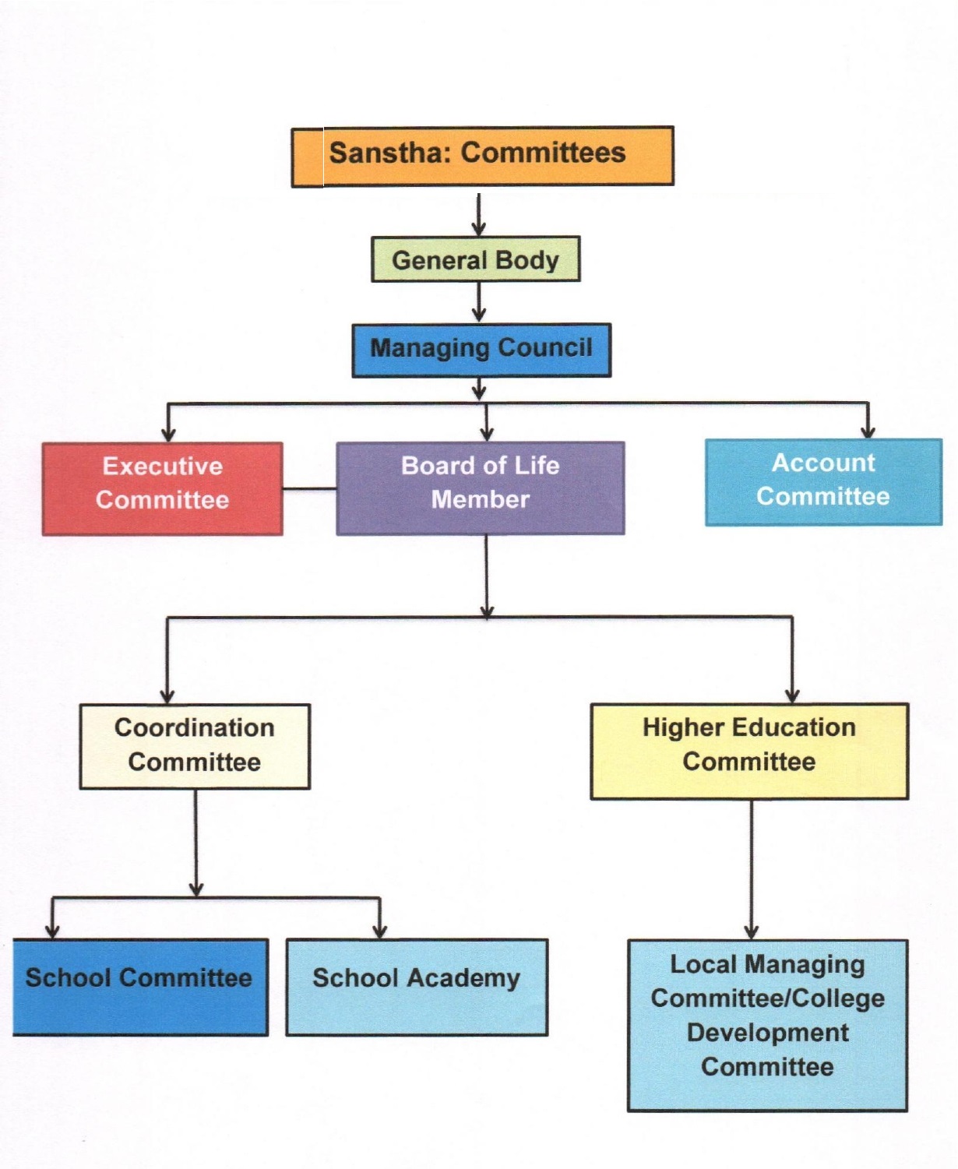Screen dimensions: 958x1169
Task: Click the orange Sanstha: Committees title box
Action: [482, 157]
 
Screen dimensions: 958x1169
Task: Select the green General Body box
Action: [476, 259]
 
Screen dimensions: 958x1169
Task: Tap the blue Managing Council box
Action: [481, 350]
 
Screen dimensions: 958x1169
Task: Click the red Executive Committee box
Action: [163, 488]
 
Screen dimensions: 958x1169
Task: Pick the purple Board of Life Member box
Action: [480, 488]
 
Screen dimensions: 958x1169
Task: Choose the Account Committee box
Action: [823, 481]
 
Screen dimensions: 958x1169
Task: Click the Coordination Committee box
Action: [195, 746]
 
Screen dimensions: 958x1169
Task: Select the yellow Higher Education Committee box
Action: [749, 751]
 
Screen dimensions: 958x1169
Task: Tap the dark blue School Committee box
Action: [140, 988]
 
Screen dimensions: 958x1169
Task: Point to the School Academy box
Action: [417, 988]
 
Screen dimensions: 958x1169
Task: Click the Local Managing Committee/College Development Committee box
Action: [767, 1026]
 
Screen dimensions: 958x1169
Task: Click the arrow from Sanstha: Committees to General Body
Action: [479, 214]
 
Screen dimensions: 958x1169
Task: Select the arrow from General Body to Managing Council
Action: [479, 302]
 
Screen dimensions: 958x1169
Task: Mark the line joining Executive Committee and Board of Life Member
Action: [309, 489]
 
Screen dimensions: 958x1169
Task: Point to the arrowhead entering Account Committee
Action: [868, 432]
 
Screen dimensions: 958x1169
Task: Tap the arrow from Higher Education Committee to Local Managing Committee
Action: [751, 869]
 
